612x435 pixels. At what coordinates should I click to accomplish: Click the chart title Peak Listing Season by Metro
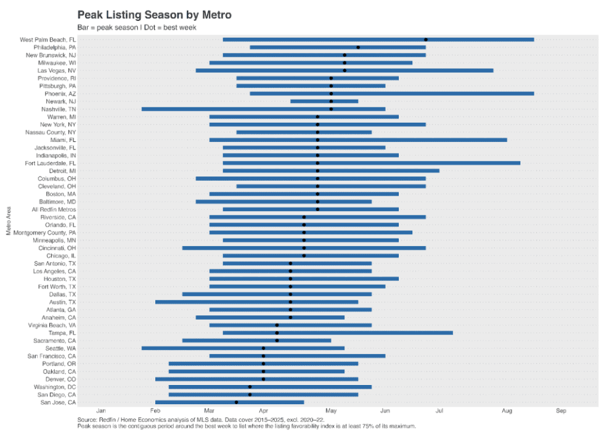click(154, 14)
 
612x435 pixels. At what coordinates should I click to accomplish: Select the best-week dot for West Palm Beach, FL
click(426, 39)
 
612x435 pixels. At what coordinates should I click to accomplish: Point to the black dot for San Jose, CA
click(236, 402)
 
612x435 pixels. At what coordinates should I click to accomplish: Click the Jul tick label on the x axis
click(439, 410)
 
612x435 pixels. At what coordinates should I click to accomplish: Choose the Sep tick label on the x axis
click(561, 410)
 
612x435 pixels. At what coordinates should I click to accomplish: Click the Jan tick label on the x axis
click(101, 410)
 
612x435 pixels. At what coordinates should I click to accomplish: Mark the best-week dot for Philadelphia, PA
click(358, 48)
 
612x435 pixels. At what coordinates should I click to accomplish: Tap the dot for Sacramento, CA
click(277, 341)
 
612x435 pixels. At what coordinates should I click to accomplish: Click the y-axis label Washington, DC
click(55, 387)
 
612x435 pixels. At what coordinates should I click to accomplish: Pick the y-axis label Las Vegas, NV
click(55, 70)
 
